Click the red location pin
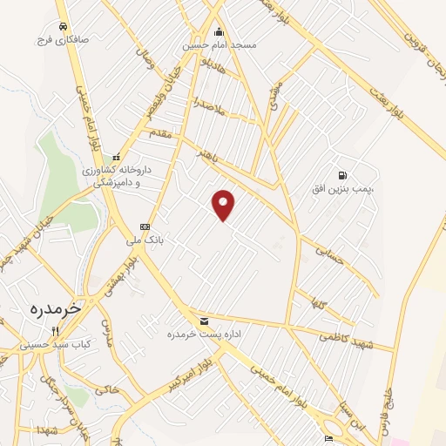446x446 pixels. tap(224, 204)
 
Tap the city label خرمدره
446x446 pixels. tap(54, 307)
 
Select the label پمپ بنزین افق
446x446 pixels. tap(344, 188)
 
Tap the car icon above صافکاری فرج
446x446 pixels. tap(63, 26)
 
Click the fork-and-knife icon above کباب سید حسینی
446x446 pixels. tap(55, 331)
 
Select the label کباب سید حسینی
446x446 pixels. tap(56, 345)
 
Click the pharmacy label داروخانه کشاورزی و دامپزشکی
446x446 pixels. tap(116, 177)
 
